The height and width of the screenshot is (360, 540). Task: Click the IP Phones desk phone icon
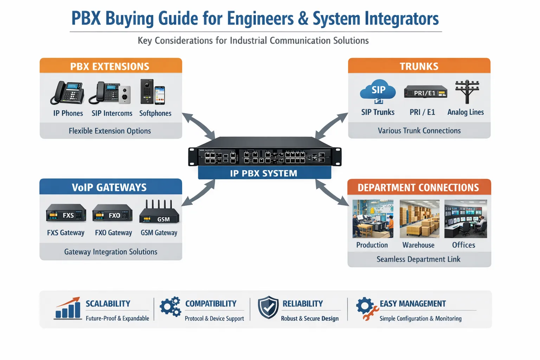tap(67, 93)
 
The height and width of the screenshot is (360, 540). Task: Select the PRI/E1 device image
tap(425, 92)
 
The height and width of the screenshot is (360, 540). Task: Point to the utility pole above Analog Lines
tap(467, 91)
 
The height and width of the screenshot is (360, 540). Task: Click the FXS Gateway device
tap(66, 213)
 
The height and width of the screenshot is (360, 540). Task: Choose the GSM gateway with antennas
tap(159, 213)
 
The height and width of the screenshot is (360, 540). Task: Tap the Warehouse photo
tap(419, 219)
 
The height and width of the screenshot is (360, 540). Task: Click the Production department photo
tap(373, 219)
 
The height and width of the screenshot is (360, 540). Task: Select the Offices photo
tap(465, 219)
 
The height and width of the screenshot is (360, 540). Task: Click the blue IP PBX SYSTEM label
tap(264, 173)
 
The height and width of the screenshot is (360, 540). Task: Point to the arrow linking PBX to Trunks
tap(331, 126)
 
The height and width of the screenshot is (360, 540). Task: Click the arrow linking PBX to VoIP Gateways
tap(199, 192)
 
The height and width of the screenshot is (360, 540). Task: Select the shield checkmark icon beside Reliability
tap(268, 307)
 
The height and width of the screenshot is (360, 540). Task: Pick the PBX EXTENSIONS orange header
tap(110, 66)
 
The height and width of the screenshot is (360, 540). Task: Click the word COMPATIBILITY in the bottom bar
tap(211, 303)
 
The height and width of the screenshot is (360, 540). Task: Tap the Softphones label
tap(155, 113)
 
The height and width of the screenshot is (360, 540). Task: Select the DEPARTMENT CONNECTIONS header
tap(418, 187)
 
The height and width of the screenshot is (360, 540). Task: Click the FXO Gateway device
tap(112, 213)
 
